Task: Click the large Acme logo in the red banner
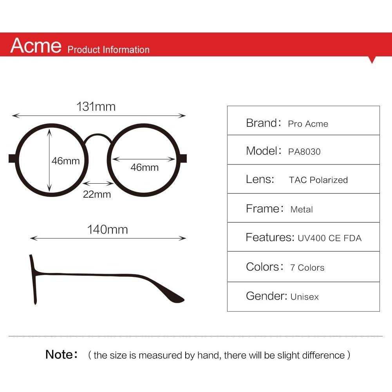(36, 45)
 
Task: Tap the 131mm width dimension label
(96, 107)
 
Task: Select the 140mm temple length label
(108, 229)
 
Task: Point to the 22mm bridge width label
(97, 194)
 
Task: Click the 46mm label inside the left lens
(66, 161)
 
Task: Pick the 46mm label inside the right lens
(145, 167)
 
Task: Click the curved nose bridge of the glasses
(98, 137)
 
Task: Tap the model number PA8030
(304, 152)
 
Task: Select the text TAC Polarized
(318, 180)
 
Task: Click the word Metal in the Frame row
(302, 209)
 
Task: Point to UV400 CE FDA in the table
(329, 238)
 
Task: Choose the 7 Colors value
(307, 267)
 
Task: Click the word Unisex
(305, 297)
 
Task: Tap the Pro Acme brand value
(308, 124)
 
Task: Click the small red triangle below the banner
(372, 60)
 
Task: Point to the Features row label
(270, 237)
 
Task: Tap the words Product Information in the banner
(108, 49)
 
